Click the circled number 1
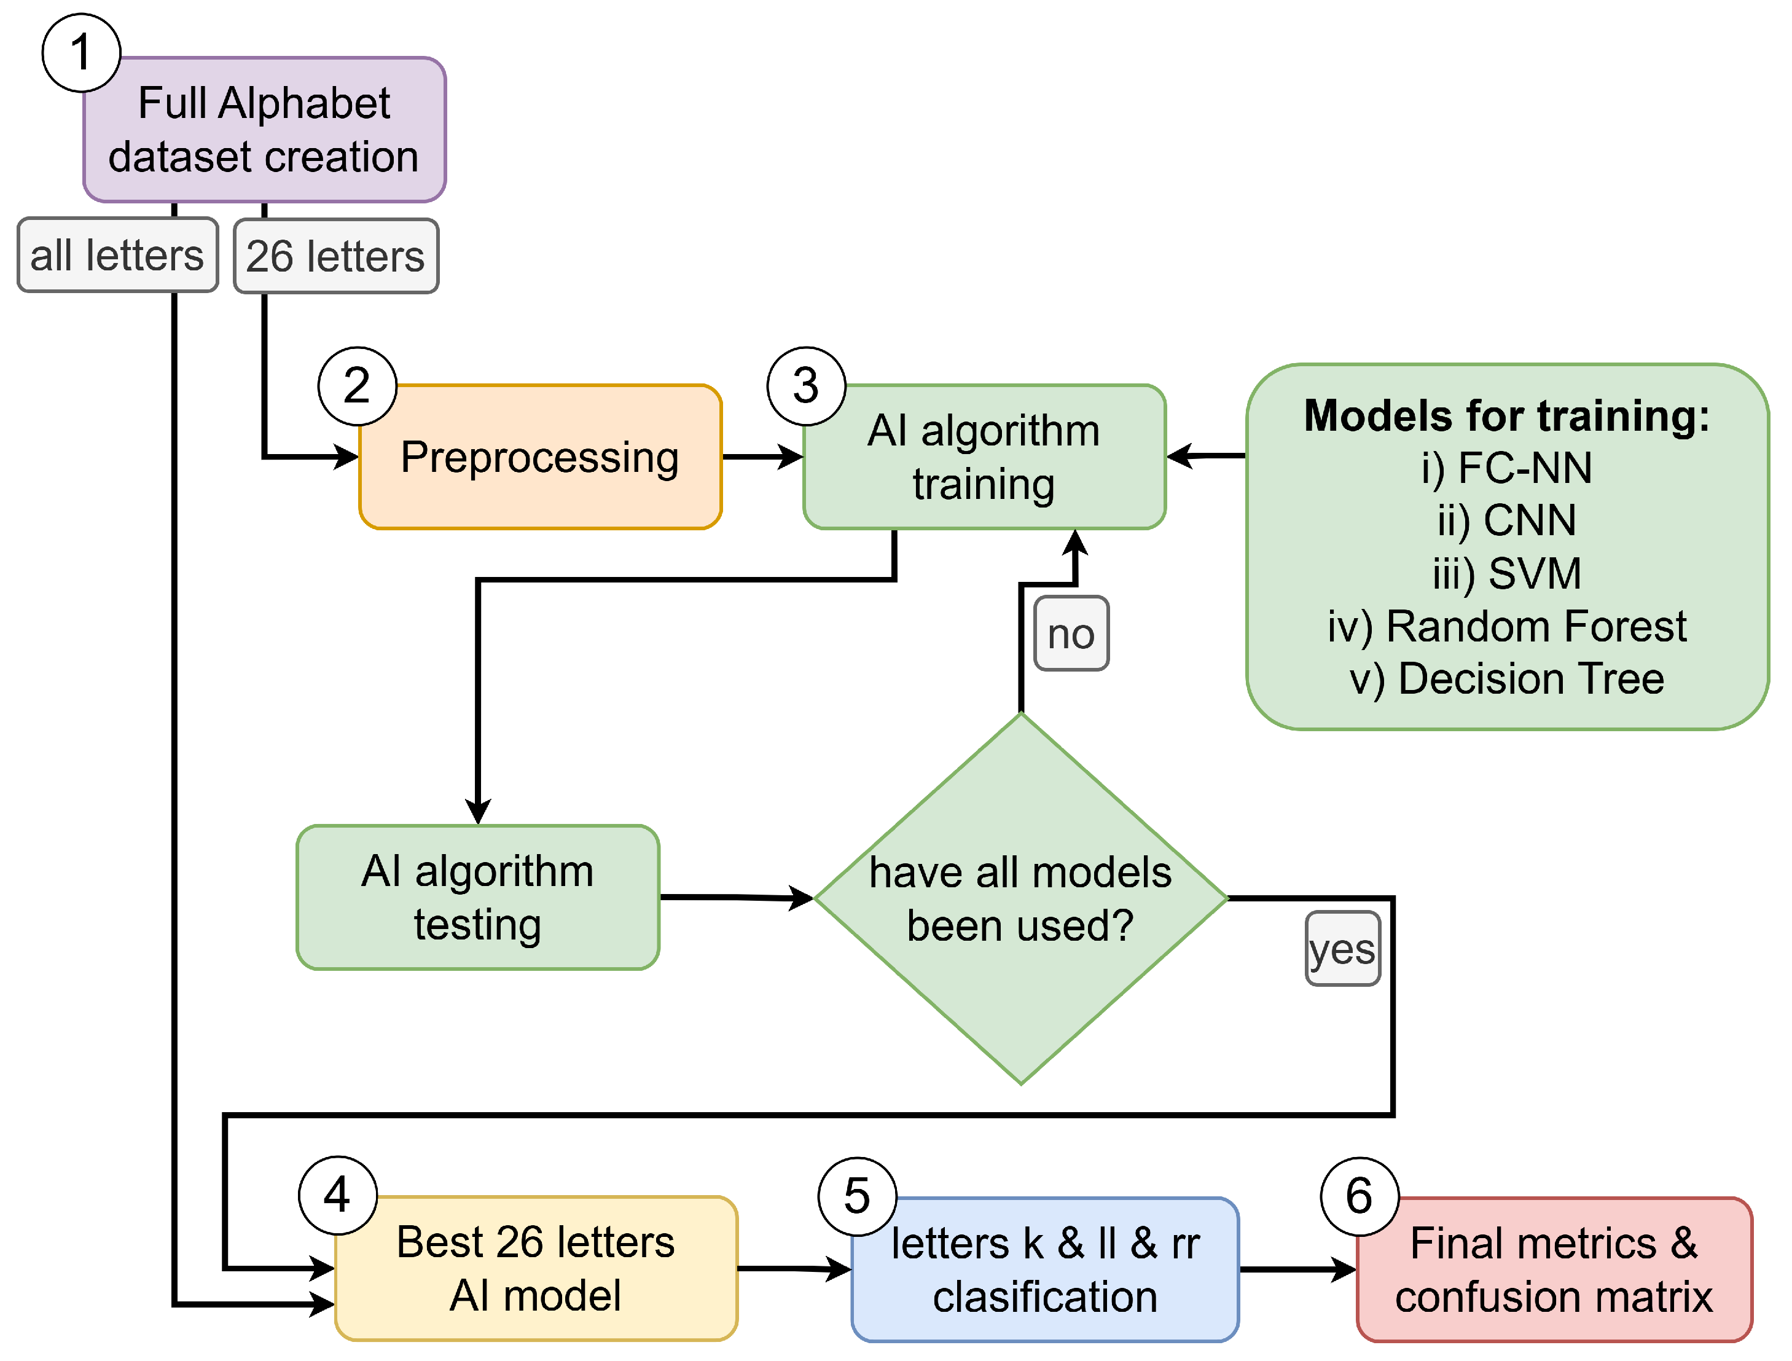pyautogui.click(x=81, y=53)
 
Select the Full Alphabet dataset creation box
pyautogui.click(x=264, y=130)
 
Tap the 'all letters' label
pyautogui.click(x=117, y=255)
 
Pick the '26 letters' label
pyautogui.click(x=335, y=256)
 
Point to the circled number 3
pyautogui.click(x=806, y=386)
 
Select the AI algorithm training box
pyautogui.click(x=984, y=457)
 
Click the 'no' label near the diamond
pyautogui.click(x=1071, y=633)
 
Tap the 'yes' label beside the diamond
pyautogui.click(x=1342, y=949)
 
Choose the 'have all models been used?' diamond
pyautogui.click(x=1021, y=898)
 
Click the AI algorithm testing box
pyautogui.click(x=477, y=898)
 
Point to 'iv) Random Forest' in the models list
pyautogui.click(x=1507, y=626)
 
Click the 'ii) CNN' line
pyautogui.click(x=1507, y=520)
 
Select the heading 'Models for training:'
pyautogui.click(x=1507, y=415)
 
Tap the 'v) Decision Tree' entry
pyautogui.click(x=1507, y=679)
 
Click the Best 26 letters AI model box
pyautogui.click(x=536, y=1269)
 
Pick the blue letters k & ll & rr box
pyautogui.click(x=1044, y=1269)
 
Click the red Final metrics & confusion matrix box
pyautogui.click(x=1553, y=1269)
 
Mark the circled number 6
pyautogui.click(x=1360, y=1196)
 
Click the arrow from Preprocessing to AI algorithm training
pyautogui.click(x=762, y=457)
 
